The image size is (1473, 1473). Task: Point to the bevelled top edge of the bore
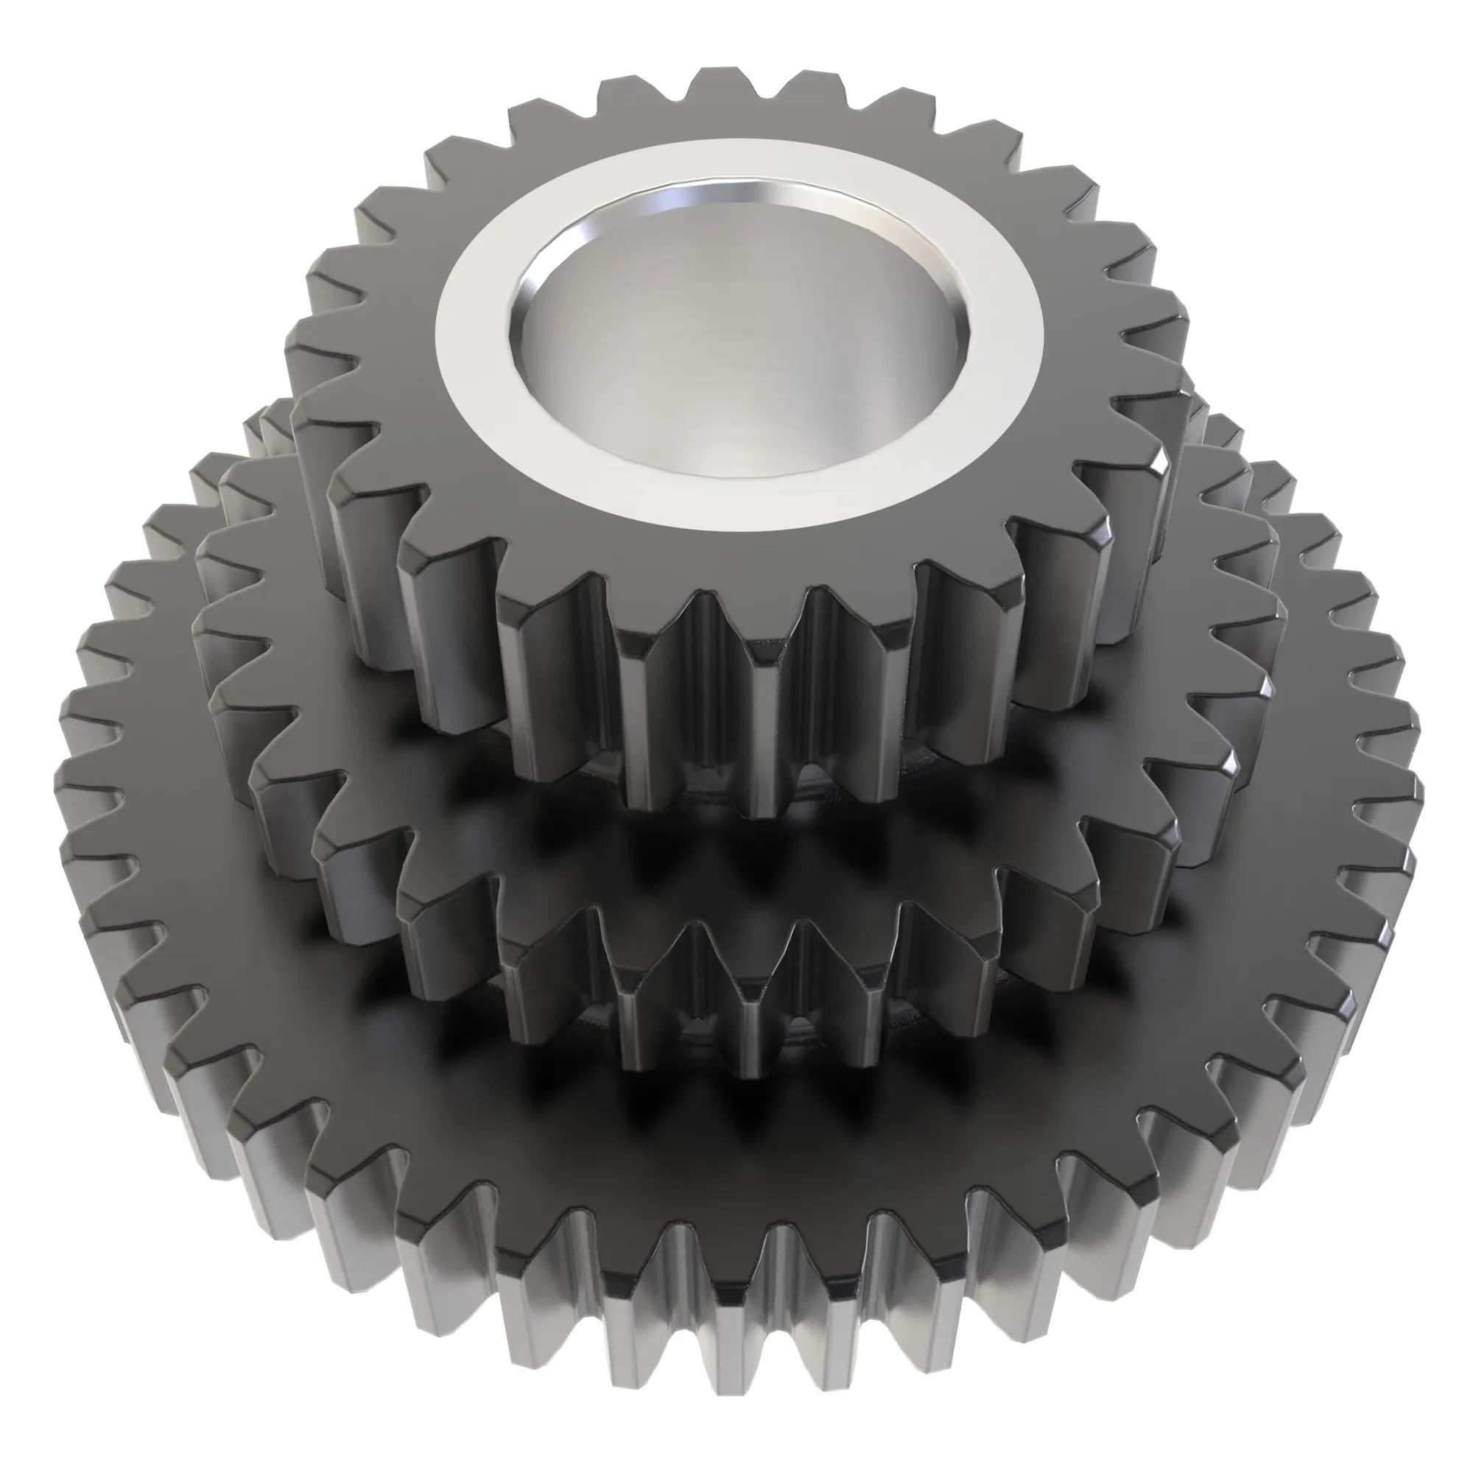[x=732, y=187]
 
